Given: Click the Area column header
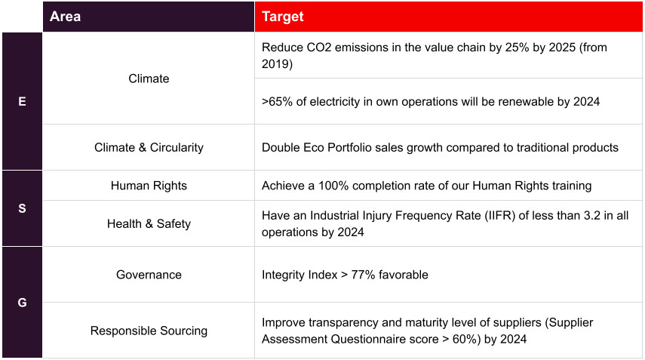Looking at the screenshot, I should pyautogui.click(x=65, y=17).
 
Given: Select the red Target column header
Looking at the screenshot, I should pyautogui.click(x=282, y=17).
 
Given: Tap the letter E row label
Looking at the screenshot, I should pyautogui.click(x=22, y=101).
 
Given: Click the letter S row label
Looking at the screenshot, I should pyautogui.click(x=22, y=208).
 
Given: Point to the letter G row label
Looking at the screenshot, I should pyautogui.click(x=22, y=303).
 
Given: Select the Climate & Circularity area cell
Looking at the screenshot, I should pyautogui.click(x=149, y=147).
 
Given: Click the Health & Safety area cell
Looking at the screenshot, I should pyautogui.click(x=149, y=223).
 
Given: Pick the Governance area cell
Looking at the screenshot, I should pyautogui.click(x=149, y=275).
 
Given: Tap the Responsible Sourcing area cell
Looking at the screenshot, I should pyautogui.click(x=149, y=331).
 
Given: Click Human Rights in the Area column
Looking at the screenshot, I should pyautogui.click(x=149, y=186).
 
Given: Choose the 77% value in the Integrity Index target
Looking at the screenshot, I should pyautogui.click(x=365, y=275).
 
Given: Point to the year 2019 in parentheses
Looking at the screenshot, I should pyautogui.click(x=277, y=64).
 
